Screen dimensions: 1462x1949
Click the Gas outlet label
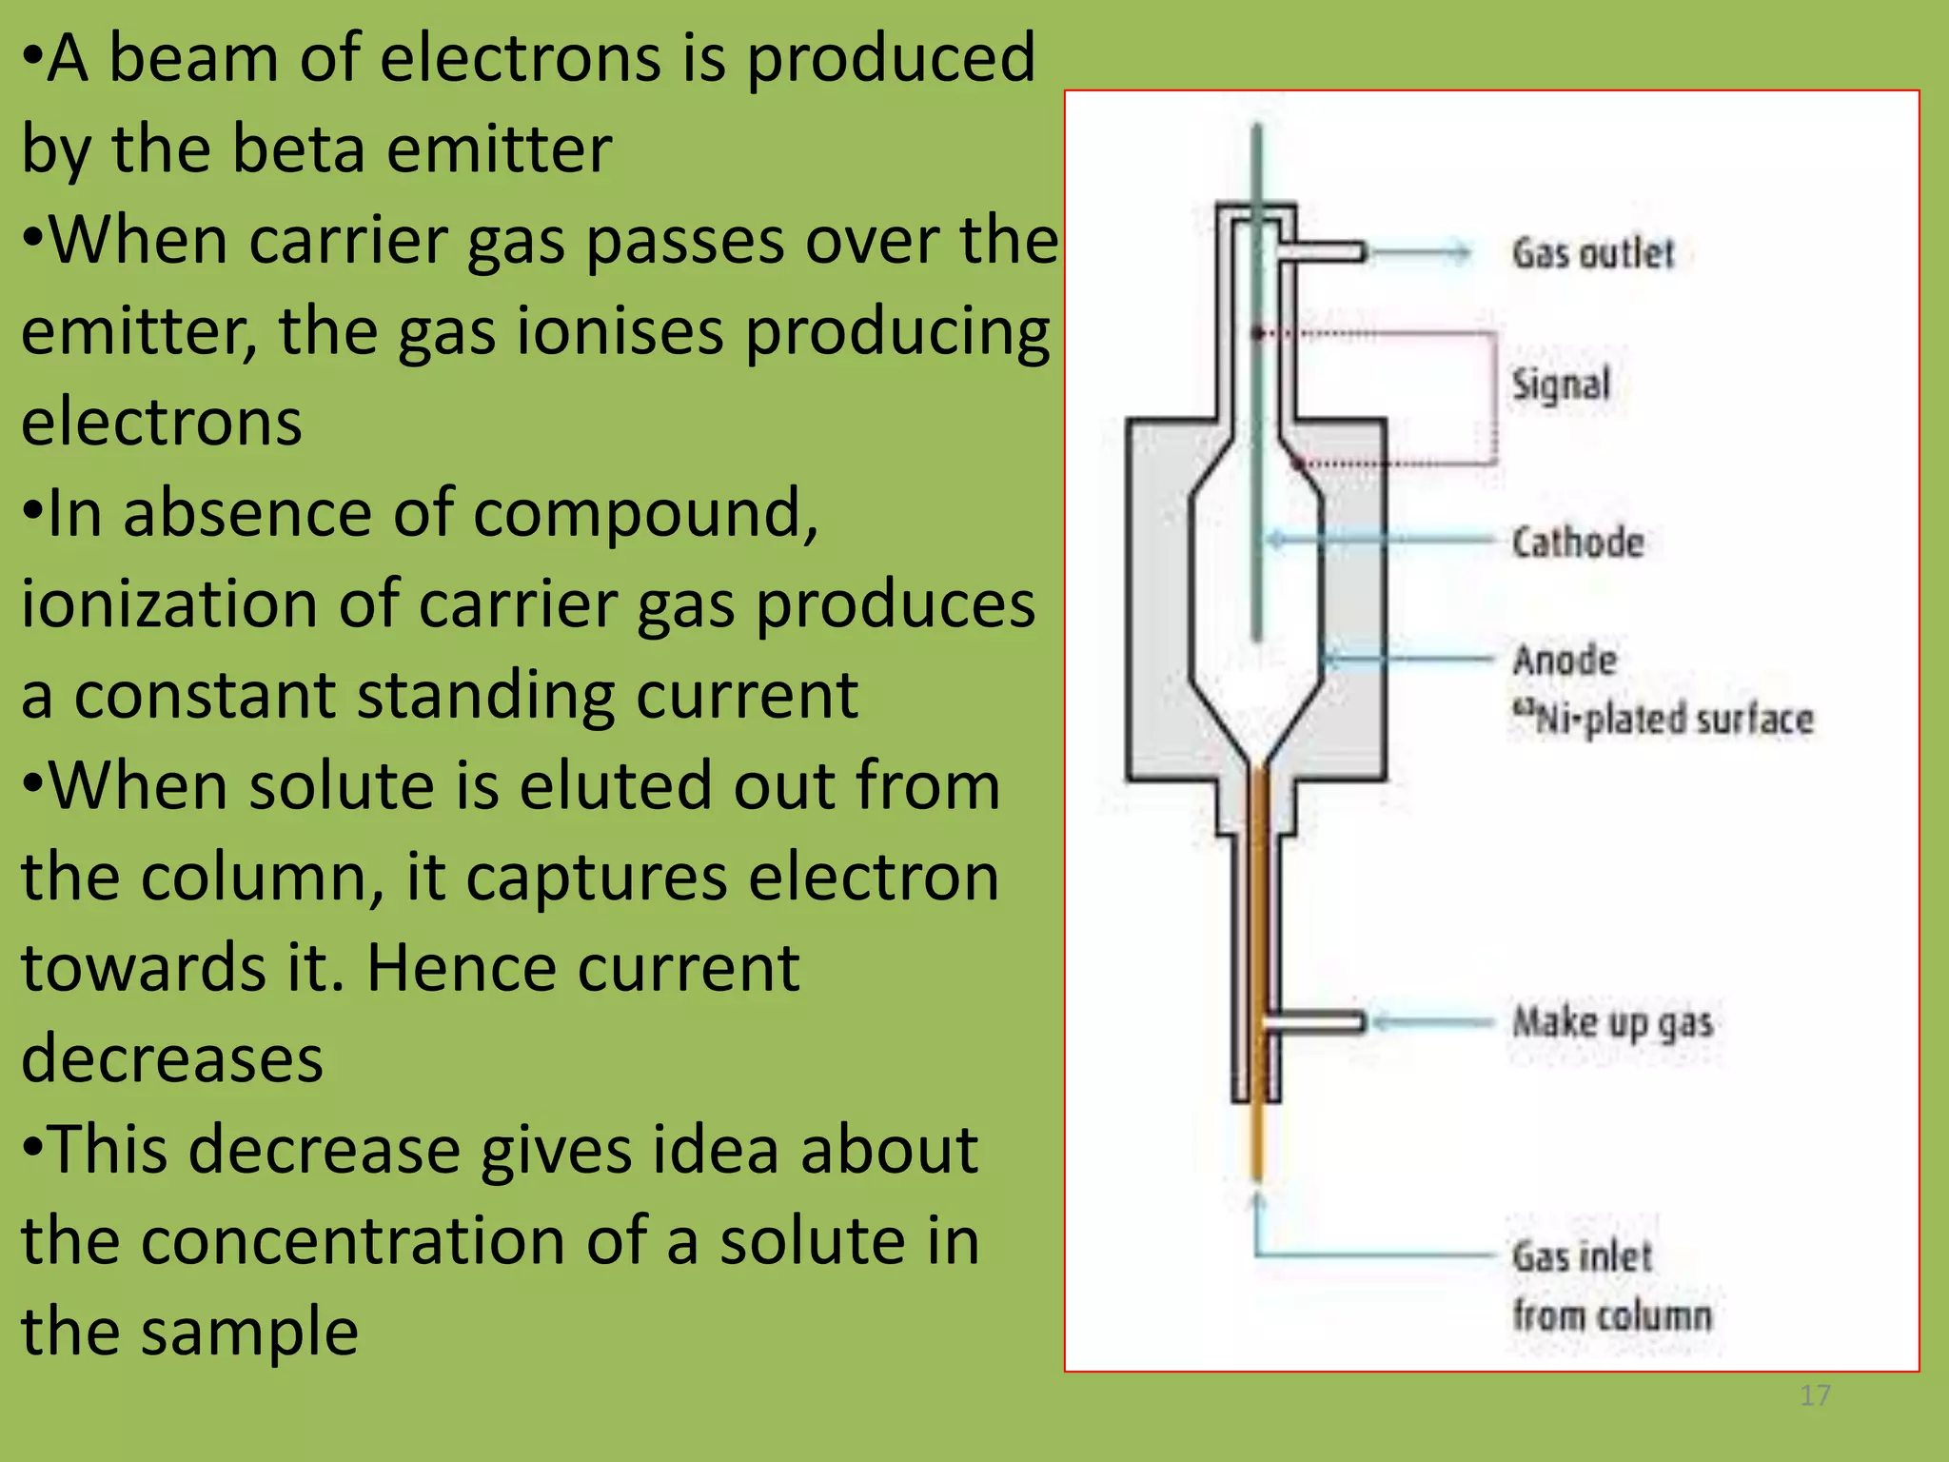[1592, 253]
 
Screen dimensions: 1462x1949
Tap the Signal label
[1561, 385]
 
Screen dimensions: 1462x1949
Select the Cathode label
[1578, 543]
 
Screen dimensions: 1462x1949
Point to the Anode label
[1565, 660]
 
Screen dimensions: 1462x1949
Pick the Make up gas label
[1613, 1023]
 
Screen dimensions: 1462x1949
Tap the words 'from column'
[1612, 1316]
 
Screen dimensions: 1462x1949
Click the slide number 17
[1815, 1395]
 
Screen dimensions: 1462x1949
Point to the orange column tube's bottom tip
[1256, 1175]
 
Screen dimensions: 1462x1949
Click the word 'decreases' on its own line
[172, 1058]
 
